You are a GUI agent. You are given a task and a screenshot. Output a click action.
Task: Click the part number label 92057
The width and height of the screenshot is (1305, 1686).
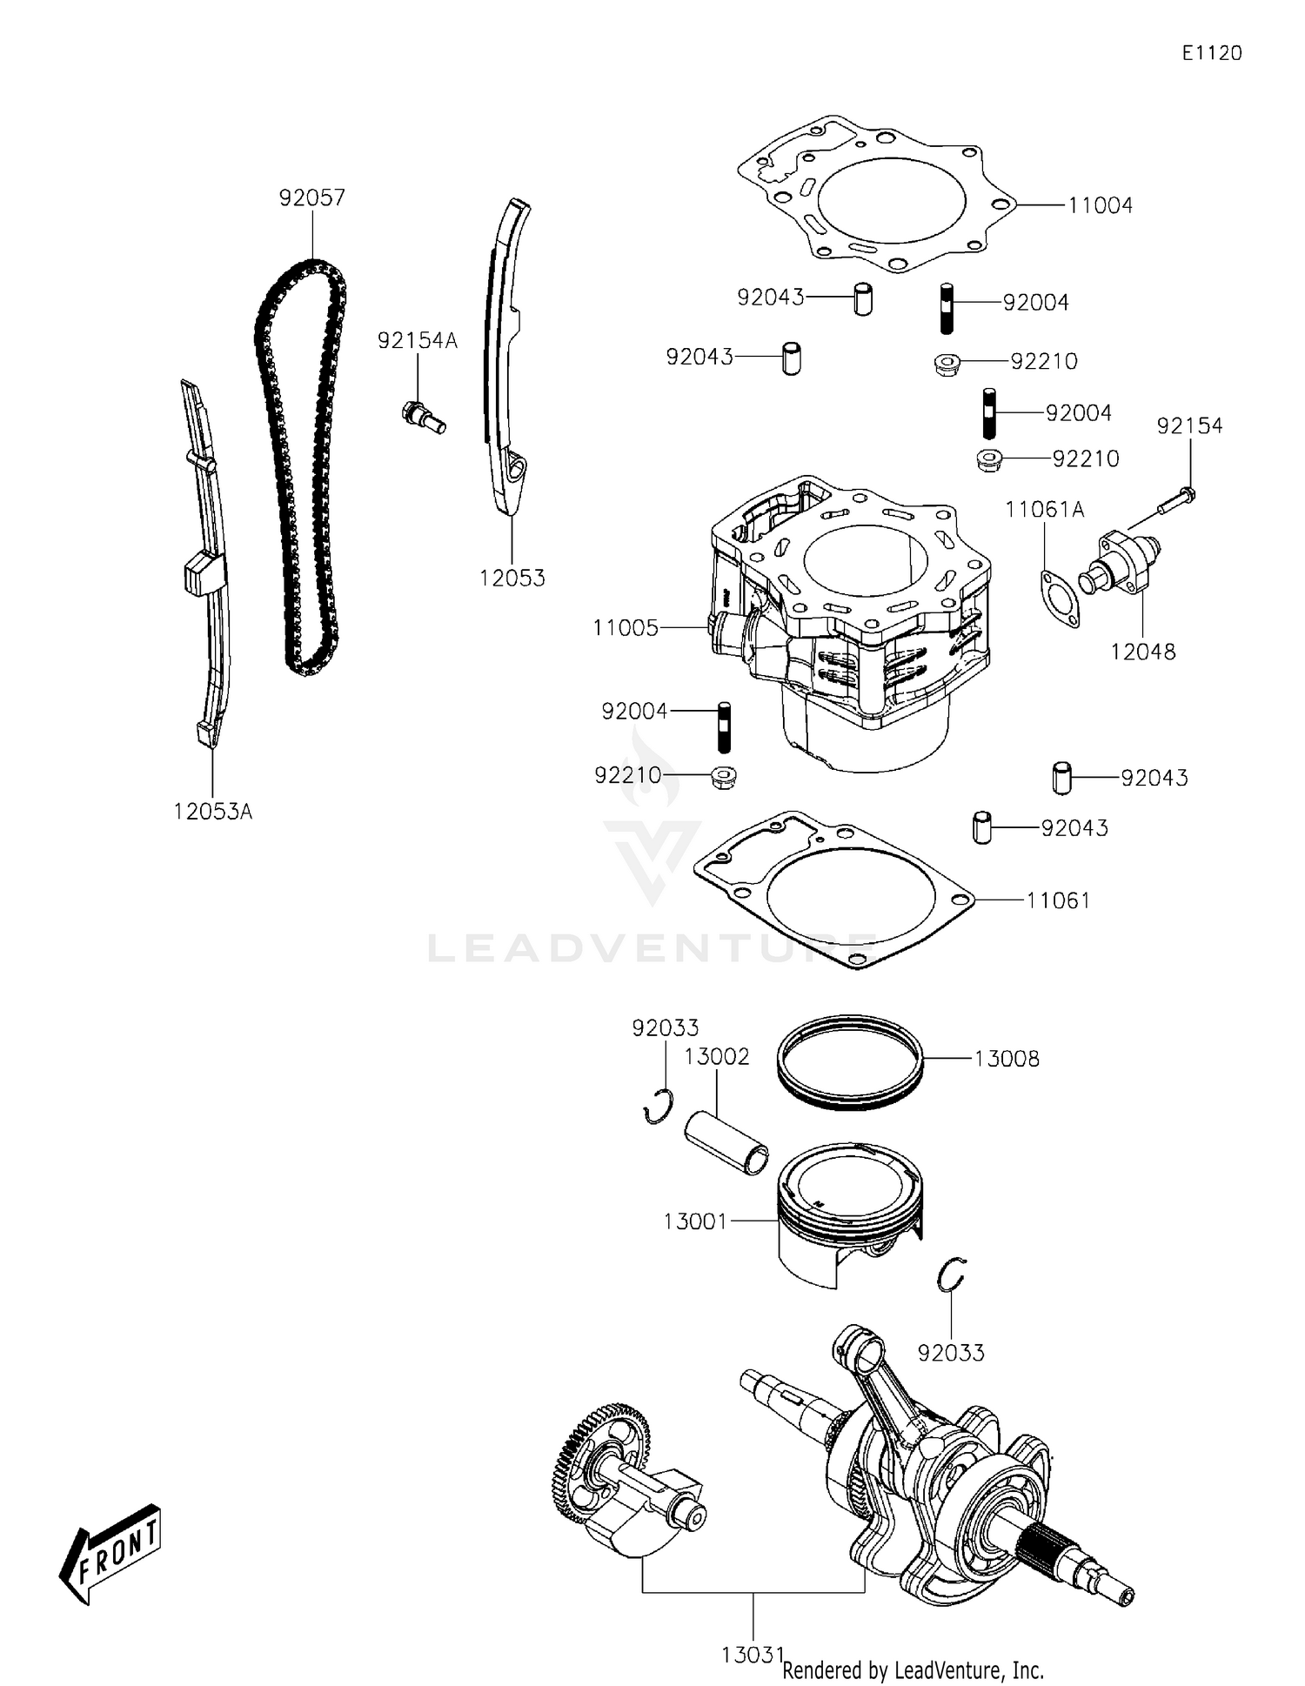click(311, 197)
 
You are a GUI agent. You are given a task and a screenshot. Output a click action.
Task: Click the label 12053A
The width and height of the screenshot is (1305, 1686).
click(212, 812)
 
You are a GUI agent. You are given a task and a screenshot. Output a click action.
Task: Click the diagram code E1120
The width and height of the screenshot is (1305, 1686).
click(1211, 53)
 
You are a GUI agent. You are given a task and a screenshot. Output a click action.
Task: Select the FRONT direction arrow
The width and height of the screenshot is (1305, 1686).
click(111, 1551)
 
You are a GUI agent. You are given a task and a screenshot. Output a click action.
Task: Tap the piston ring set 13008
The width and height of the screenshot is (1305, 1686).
click(848, 1063)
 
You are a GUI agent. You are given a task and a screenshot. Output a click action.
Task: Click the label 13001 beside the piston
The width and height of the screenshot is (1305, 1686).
click(694, 1221)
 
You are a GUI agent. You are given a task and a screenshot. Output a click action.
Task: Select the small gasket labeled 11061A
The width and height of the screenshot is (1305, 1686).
click(1061, 597)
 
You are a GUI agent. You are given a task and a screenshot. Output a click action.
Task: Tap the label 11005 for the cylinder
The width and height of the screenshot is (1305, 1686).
click(626, 627)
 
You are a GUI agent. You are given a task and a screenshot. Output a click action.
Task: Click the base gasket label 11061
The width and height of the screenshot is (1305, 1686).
click(1058, 900)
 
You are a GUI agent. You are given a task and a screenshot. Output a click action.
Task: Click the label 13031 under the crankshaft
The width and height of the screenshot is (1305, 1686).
click(753, 1654)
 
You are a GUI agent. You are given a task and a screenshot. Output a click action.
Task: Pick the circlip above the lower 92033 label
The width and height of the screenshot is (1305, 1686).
click(951, 1276)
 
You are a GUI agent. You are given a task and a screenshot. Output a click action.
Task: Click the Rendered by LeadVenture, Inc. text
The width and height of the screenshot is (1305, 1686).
click(913, 1669)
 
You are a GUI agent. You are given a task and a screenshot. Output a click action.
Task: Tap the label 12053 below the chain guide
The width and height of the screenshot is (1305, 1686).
click(512, 578)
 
